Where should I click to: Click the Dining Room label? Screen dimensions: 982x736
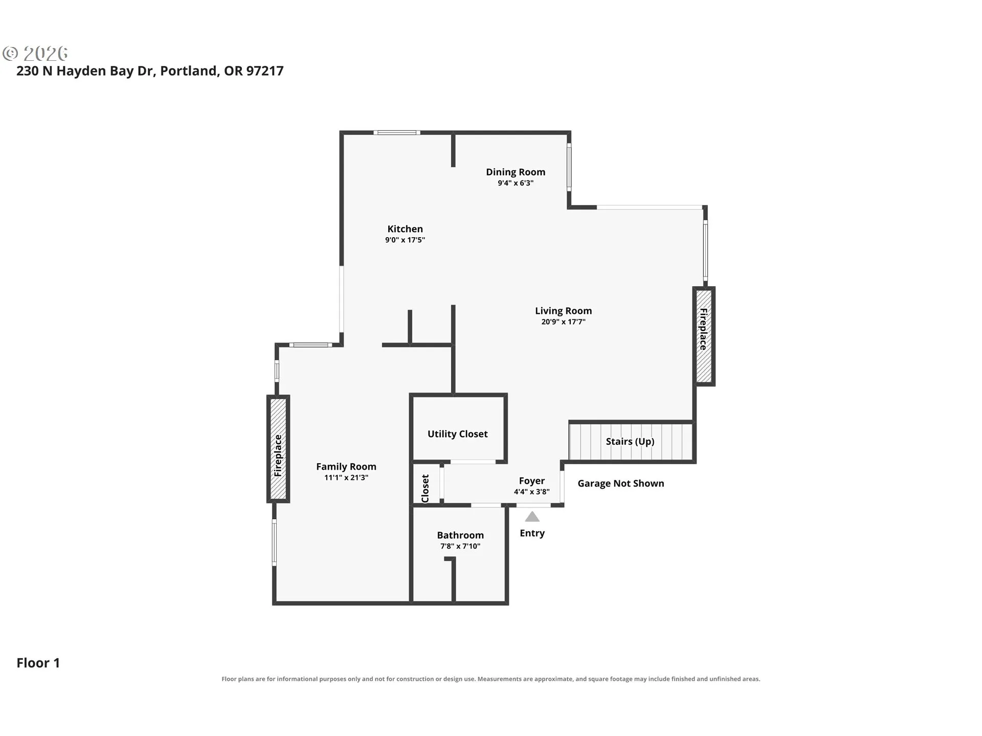(x=516, y=172)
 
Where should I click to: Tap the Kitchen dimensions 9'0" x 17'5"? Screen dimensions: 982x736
(x=405, y=240)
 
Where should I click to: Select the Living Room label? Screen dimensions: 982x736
(x=563, y=311)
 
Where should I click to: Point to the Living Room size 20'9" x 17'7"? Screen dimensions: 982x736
(x=563, y=321)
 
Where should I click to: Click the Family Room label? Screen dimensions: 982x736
(x=346, y=467)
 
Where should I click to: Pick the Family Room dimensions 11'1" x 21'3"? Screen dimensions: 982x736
(x=346, y=477)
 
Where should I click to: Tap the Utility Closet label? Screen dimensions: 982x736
(x=458, y=434)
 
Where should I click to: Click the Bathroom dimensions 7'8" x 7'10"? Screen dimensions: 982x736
(x=460, y=546)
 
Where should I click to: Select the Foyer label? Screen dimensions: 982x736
(x=532, y=481)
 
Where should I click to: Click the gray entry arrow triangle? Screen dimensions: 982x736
(x=532, y=517)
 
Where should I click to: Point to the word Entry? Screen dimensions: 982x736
(x=532, y=533)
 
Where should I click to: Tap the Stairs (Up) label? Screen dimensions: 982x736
(x=630, y=442)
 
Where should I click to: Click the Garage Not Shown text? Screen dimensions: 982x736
(x=621, y=484)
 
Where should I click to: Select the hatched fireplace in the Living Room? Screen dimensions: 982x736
(x=704, y=336)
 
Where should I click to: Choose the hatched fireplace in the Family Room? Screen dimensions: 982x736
(x=278, y=448)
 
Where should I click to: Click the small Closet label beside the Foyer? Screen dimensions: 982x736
(x=425, y=489)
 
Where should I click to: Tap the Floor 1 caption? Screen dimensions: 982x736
(x=38, y=663)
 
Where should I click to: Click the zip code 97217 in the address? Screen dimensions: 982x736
(x=265, y=71)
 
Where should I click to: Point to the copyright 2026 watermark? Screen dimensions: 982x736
(x=35, y=54)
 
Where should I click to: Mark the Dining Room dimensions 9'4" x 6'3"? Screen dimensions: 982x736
(x=516, y=183)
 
